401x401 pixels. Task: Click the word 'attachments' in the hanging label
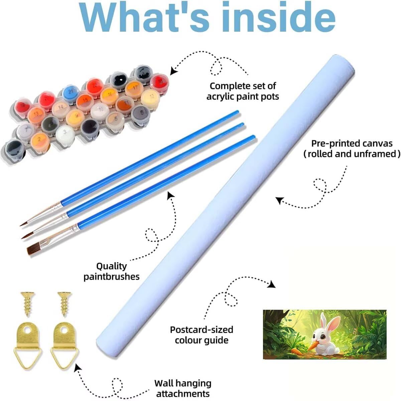click(x=183, y=394)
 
